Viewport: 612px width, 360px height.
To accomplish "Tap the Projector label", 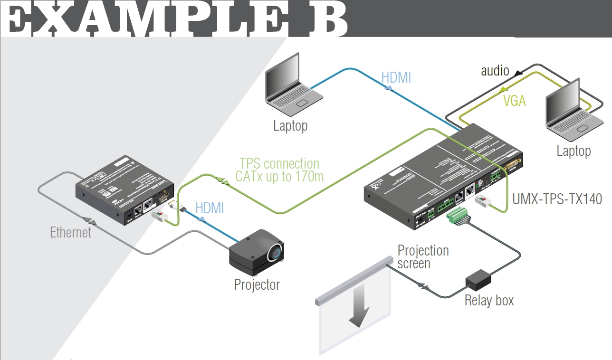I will point(257,284).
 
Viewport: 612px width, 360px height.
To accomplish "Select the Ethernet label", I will point(70,232).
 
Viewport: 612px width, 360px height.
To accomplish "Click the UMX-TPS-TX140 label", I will point(557,199).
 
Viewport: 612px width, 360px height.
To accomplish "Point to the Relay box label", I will point(489,301).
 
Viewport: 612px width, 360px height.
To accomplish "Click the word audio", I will point(495,71).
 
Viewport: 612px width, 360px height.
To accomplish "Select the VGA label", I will point(514,101).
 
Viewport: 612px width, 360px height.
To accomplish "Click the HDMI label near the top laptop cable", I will point(396,77).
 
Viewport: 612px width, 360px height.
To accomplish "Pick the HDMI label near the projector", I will point(210,208).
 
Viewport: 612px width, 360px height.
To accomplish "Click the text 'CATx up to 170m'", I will point(279,177).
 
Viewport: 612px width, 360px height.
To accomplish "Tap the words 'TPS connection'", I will point(279,163).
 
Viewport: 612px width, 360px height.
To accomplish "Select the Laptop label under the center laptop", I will point(290,126).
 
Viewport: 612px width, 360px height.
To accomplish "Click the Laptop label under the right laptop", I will point(574,151).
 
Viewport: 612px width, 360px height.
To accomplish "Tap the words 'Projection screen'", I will point(422,256).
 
